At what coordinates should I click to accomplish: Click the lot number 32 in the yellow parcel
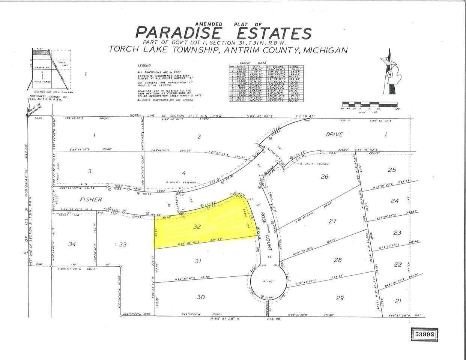click(197, 226)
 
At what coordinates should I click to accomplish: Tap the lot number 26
click(325, 176)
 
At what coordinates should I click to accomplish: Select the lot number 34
click(72, 244)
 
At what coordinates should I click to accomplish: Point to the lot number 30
click(201, 297)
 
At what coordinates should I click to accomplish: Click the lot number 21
click(398, 301)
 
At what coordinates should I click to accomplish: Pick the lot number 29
click(340, 298)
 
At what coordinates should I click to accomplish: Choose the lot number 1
click(94, 135)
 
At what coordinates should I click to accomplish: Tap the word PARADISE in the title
click(178, 33)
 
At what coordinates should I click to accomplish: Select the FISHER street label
click(91, 199)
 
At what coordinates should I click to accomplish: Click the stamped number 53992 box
click(425, 334)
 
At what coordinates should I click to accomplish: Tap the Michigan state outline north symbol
click(391, 73)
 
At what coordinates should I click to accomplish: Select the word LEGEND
click(144, 65)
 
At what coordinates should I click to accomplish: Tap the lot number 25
click(392, 170)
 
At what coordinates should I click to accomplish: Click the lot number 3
click(89, 171)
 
